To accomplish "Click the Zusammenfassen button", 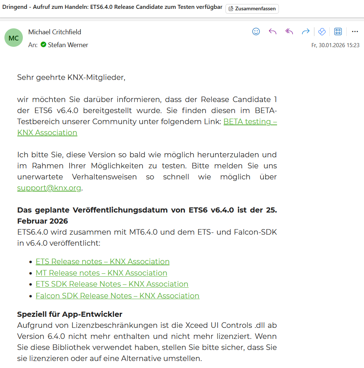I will pos(252,9).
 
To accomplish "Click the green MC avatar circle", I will pos(14,38).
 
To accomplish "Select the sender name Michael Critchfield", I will pos(55,32).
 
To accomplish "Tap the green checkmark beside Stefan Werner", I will pos(43,45).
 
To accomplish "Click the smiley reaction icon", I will pos(256,32).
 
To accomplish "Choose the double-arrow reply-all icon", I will pos(289,32).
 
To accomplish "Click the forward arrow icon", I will pos(305,32).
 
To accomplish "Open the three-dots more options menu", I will pos(355,32).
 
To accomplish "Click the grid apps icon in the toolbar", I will pos(338,32).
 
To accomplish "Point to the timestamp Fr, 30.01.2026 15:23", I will pos(335,45).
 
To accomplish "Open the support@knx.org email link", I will pos(49,188).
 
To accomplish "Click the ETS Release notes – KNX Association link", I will pos(102,262).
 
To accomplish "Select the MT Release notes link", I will pos(101,273).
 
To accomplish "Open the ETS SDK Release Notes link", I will pos(112,284).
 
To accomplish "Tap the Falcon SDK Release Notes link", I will pos(118,296).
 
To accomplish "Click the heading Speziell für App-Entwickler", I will pos(70,314).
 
